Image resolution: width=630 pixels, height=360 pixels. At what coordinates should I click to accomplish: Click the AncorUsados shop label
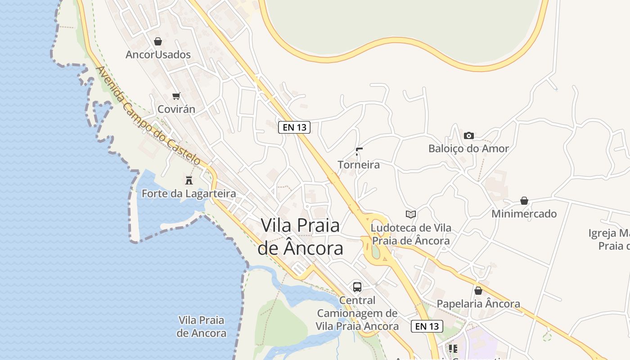[158, 55]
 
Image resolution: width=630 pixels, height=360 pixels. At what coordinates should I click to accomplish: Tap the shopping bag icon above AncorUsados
[158, 42]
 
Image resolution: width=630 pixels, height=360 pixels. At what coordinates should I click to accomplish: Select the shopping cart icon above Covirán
[176, 96]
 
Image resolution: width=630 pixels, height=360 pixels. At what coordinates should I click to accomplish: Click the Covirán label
[176, 109]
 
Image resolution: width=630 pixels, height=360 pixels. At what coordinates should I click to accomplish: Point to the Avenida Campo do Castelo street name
[148, 116]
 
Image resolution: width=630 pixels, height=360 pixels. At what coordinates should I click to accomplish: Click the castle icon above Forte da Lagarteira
[189, 180]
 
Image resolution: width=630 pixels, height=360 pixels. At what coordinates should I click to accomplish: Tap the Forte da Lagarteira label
[189, 194]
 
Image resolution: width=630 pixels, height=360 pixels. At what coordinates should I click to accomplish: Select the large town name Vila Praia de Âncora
[300, 237]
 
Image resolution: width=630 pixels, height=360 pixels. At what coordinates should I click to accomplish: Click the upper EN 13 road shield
[294, 127]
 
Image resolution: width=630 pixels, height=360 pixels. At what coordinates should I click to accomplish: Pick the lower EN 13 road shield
[427, 326]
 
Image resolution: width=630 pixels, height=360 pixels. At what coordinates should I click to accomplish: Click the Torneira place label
[359, 165]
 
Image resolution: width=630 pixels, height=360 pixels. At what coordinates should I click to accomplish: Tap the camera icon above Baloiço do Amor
[469, 135]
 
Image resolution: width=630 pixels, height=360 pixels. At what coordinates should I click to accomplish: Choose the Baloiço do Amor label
[468, 148]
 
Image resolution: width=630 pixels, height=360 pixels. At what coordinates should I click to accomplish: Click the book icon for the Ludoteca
[410, 214]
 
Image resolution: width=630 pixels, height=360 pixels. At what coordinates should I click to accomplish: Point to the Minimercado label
[524, 214]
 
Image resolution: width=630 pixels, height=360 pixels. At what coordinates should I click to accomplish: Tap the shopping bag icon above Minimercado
[524, 201]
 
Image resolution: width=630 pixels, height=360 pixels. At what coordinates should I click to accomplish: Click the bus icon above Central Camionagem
[357, 287]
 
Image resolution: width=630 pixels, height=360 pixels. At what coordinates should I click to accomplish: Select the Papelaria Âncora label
[478, 304]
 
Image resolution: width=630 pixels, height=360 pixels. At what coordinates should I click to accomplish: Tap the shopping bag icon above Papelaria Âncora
[478, 291]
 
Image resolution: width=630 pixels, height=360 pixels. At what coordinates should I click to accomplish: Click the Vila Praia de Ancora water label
[201, 327]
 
